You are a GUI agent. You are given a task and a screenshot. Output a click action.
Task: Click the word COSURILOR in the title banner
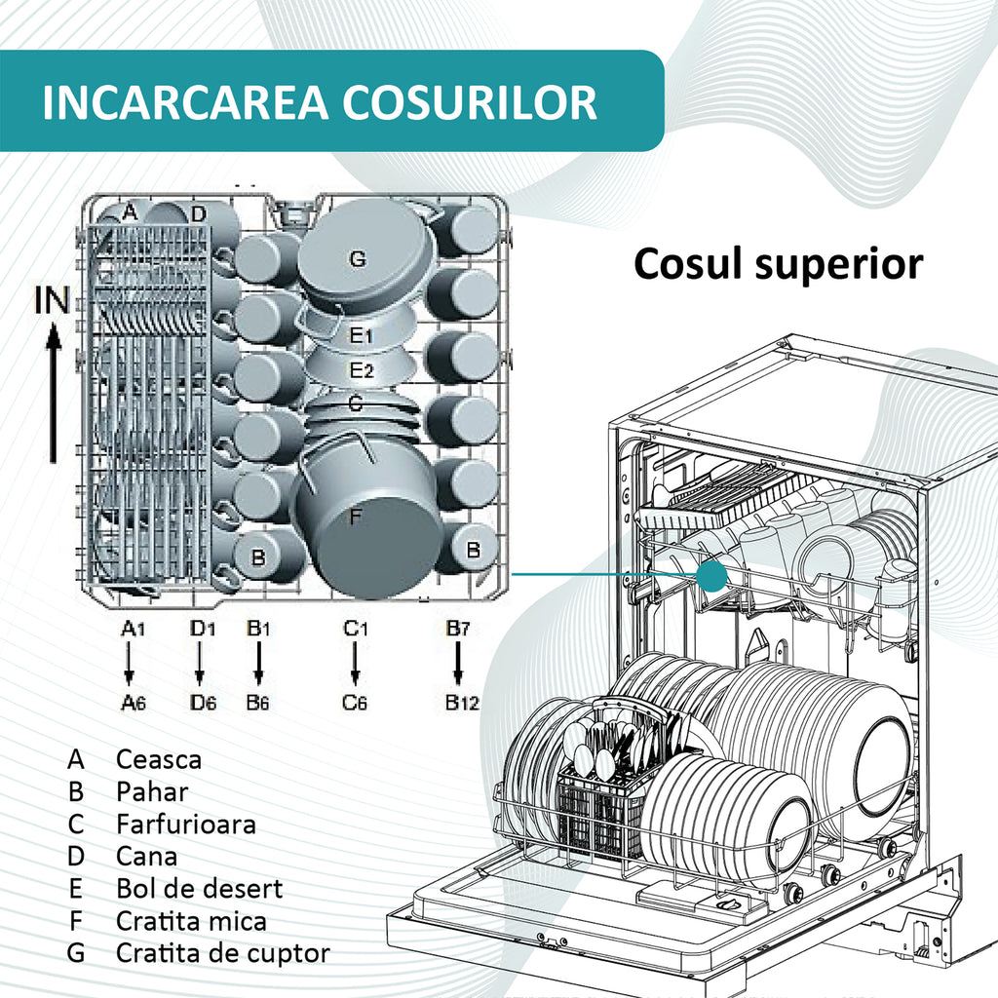(470, 101)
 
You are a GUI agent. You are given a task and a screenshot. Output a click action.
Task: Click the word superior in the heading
(839, 264)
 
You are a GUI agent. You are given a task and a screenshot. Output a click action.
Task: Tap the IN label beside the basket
(52, 300)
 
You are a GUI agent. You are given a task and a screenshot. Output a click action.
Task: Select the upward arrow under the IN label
(54, 392)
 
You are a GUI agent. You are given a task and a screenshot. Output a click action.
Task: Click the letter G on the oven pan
(358, 258)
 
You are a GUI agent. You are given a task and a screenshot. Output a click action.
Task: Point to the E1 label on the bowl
(362, 335)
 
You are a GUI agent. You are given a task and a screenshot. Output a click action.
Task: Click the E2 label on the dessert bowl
(362, 369)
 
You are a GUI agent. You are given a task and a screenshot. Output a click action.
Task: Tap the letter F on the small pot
(355, 517)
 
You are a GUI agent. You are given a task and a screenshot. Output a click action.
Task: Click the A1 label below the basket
(133, 629)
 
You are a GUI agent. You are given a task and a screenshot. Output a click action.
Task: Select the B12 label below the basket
(462, 703)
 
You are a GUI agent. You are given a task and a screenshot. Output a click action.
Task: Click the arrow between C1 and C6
(355, 663)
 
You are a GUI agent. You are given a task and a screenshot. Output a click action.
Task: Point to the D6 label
(203, 703)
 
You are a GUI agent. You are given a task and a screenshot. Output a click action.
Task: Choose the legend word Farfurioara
(186, 825)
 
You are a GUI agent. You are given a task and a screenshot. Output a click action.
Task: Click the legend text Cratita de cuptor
(223, 953)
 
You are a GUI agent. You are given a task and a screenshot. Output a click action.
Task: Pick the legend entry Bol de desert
(199, 889)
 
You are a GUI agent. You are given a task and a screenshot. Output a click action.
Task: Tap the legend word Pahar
(152, 791)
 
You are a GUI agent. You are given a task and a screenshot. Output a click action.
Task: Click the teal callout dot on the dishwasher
(711, 576)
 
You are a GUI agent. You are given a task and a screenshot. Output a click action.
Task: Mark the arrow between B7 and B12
(458, 663)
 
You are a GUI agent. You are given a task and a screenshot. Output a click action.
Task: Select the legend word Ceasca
(159, 759)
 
